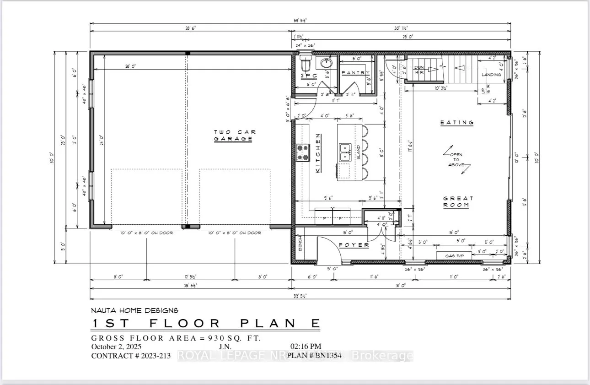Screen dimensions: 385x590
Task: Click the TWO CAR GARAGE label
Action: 233,136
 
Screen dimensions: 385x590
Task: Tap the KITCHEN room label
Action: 317,153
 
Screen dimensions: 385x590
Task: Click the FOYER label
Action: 354,245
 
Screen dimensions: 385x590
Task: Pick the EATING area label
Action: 456,123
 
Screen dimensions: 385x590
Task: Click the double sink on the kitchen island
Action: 345,152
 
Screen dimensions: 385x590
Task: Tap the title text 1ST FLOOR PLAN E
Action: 205,323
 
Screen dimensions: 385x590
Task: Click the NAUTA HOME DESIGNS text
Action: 135,310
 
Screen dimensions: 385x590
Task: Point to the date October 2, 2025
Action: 117,347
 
